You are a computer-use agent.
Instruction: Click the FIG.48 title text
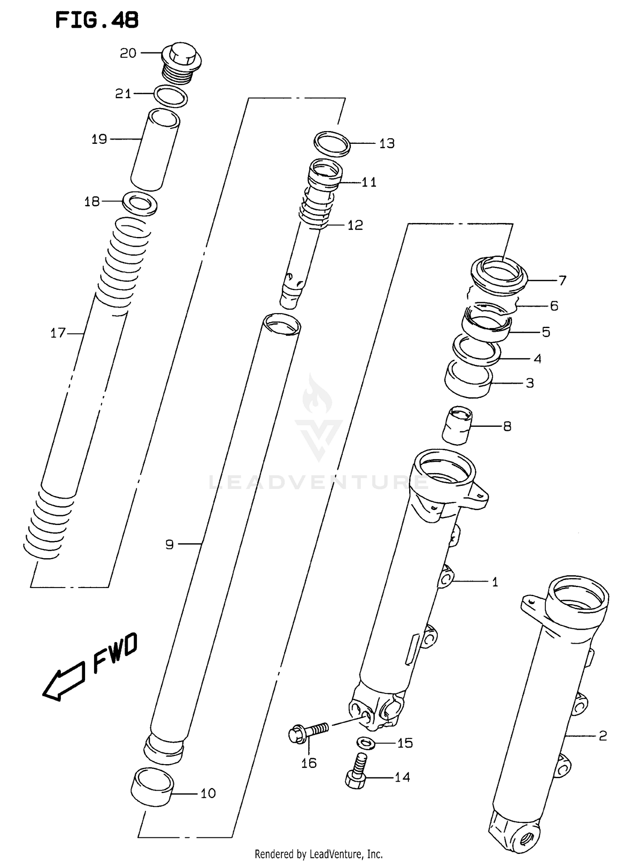(x=97, y=20)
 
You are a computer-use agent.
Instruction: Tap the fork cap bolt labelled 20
(x=182, y=62)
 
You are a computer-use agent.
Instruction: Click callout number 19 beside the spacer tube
(x=100, y=139)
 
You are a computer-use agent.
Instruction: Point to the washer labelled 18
(x=140, y=203)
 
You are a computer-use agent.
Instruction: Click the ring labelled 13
(x=332, y=143)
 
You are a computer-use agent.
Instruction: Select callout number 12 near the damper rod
(x=356, y=225)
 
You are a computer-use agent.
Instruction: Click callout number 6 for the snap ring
(x=554, y=305)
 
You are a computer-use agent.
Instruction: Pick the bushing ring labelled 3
(x=468, y=378)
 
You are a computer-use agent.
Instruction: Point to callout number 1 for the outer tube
(x=495, y=582)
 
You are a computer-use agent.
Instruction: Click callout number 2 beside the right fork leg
(x=602, y=735)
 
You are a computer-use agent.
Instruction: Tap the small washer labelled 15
(x=365, y=743)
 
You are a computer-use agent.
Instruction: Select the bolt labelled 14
(x=356, y=776)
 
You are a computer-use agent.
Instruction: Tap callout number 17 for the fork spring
(x=58, y=333)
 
